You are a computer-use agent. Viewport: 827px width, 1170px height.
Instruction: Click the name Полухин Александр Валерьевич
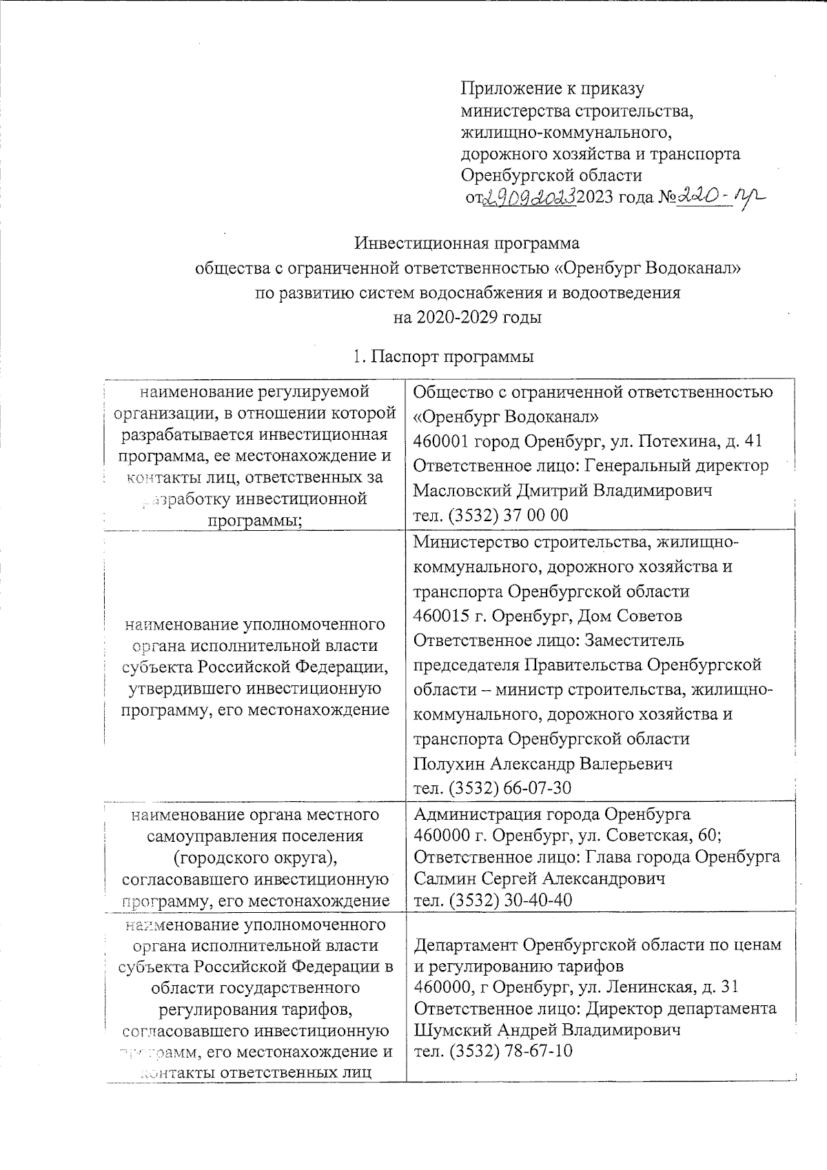(x=543, y=764)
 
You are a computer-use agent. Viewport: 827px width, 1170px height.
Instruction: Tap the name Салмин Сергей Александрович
(x=540, y=879)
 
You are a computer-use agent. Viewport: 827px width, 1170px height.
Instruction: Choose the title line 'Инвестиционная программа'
(x=467, y=243)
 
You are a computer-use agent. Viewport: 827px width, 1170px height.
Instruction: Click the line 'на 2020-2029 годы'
(x=467, y=318)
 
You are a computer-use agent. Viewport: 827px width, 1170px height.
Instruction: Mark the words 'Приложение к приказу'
(x=552, y=88)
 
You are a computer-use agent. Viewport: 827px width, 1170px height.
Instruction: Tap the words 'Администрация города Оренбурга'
(x=552, y=814)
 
